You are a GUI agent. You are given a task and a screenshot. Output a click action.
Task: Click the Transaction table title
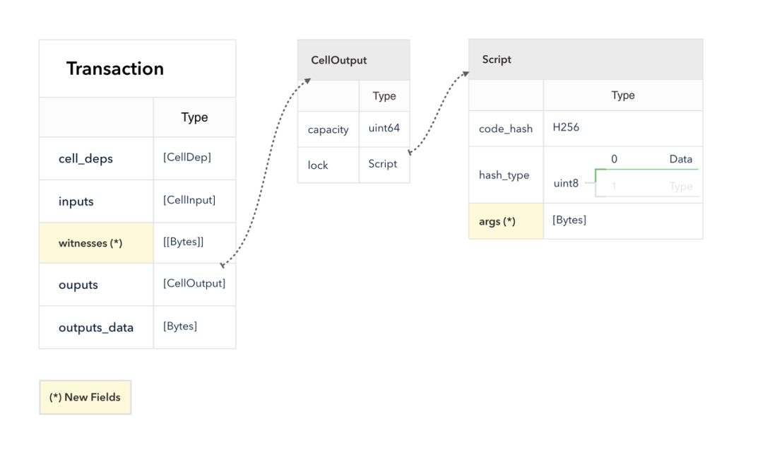tap(115, 69)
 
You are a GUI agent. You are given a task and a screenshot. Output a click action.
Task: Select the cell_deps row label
tap(85, 158)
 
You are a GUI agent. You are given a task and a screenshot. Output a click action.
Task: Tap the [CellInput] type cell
tap(189, 200)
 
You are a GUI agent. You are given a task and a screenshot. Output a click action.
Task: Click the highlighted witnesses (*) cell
tap(96, 243)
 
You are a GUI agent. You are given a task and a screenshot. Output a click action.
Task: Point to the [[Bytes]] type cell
tap(184, 242)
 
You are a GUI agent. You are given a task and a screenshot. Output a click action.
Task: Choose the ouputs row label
tap(78, 285)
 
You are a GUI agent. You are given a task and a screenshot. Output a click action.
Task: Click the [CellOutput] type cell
tap(194, 283)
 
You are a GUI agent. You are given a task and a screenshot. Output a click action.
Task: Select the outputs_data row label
tap(96, 327)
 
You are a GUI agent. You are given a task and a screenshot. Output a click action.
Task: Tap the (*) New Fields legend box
tap(85, 397)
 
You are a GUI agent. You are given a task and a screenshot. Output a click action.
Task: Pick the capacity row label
tap(328, 130)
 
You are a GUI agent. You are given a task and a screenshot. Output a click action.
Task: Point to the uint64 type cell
tap(384, 128)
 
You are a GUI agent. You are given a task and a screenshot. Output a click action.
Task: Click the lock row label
tap(318, 165)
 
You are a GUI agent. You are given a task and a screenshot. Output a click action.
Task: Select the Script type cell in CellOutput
tap(382, 164)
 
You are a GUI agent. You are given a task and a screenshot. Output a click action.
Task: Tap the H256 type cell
tap(566, 127)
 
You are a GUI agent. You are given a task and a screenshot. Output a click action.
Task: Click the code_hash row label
tap(506, 129)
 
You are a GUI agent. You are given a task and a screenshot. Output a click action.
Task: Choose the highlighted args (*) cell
tap(506, 221)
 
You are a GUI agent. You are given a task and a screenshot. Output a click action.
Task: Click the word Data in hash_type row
tap(681, 159)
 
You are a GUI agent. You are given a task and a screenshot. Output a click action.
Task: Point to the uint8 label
tap(566, 184)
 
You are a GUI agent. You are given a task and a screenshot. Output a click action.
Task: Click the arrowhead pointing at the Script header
tap(466, 74)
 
